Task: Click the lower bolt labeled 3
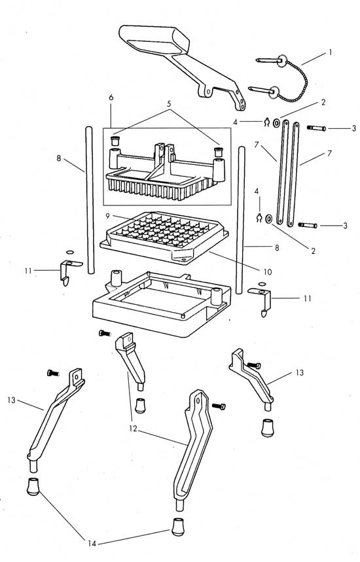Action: [308, 225]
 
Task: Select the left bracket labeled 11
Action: [66, 270]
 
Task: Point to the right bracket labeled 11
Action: [264, 301]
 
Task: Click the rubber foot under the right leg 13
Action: [268, 427]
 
